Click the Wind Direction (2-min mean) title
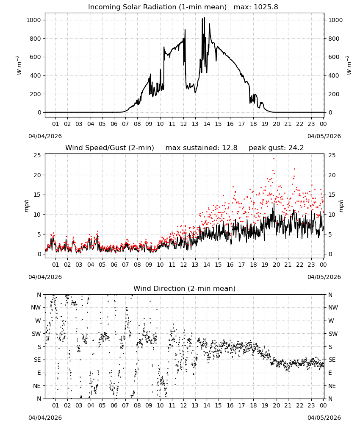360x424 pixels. tap(185, 288)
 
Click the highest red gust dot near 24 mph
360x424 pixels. tap(274, 158)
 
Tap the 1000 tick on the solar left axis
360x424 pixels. tap(33, 20)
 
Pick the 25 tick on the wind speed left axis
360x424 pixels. tap(37, 155)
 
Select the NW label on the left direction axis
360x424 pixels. tap(36, 308)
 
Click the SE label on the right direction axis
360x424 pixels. tap(332, 360)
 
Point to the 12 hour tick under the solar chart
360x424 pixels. tap(183, 124)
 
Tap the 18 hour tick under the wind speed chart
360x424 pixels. tap(253, 265)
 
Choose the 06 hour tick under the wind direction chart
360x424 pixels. tap(114, 405)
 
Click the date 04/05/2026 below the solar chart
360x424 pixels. tap(324, 136)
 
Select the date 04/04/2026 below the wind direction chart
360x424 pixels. tap(45, 418)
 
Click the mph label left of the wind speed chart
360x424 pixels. tap(26, 206)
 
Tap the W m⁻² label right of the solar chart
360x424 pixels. tap(349, 65)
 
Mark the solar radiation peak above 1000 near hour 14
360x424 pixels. tap(205, 17)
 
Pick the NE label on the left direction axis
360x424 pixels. tap(37, 386)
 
